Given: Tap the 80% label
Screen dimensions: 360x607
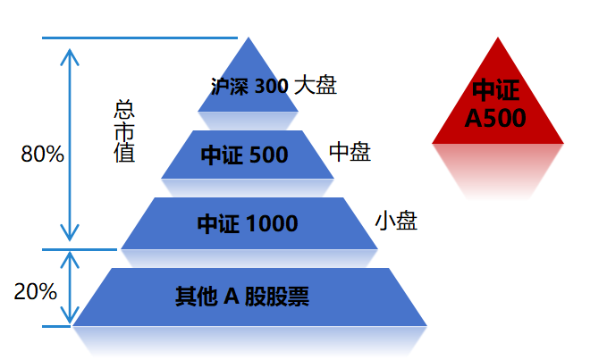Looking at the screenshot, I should [42, 154].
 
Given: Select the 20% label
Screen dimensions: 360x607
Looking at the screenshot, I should [36, 291].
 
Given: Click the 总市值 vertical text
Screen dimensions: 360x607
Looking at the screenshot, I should [124, 131].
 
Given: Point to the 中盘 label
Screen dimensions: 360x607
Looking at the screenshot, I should [350, 153].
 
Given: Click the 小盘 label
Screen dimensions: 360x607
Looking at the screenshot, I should [396, 221].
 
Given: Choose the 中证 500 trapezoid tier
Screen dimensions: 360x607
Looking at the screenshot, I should [248, 155].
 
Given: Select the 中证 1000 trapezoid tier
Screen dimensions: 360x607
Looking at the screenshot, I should [249, 223].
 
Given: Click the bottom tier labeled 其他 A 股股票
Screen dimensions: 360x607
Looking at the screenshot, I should [249, 297].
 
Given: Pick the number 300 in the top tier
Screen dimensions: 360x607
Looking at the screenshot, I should [272, 87].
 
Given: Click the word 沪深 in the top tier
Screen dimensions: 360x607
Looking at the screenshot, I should [230, 87].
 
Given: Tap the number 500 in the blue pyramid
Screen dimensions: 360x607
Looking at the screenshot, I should [269, 155].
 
